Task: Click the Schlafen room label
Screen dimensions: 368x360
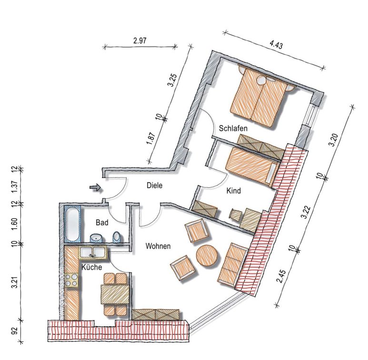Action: (x=233, y=128)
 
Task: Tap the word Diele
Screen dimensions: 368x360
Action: (x=154, y=185)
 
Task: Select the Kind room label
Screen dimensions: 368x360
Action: (x=234, y=191)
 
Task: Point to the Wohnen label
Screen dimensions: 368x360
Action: (x=158, y=246)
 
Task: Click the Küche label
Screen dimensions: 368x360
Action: (x=91, y=267)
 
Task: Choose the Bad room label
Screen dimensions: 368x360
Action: (x=102, y=222)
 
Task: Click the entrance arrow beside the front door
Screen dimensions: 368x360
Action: (x=95, y=187)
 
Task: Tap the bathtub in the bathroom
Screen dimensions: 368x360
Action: (x=72, y=224)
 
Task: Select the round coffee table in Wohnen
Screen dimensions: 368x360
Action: (x=207, y=256)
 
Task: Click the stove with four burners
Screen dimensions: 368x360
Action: (x=71, y=280)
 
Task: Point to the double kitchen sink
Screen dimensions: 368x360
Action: (x=93, y=253)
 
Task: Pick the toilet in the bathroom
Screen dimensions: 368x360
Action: (x=117, y=237)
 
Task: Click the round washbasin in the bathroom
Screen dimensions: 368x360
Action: (x=96, y=238)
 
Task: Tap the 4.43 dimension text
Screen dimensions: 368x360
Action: (x=276, y=45)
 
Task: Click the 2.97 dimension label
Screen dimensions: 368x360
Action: (x=139, y=40)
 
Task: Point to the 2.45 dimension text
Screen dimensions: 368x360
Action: (x=282, y=277)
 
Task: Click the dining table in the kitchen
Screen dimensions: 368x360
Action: (x=115, y=294)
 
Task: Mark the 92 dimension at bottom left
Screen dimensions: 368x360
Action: (x=15, y=331)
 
